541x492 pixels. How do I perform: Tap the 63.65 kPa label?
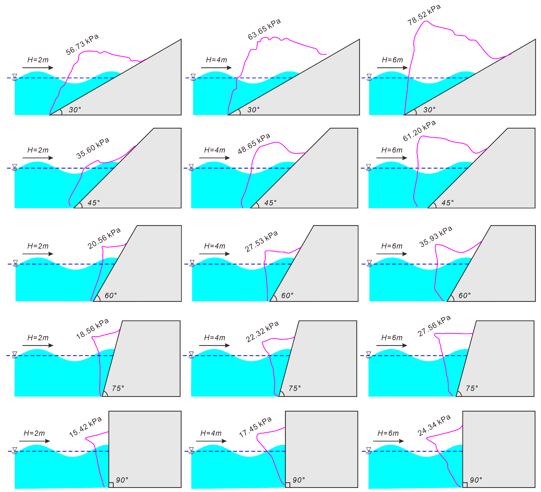click(264, 29)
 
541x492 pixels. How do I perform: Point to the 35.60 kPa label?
click(93, 148)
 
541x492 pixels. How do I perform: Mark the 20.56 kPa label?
click(104, 239)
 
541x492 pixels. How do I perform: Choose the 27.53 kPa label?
click(261, 241)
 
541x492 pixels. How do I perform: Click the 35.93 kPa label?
click(436, 236)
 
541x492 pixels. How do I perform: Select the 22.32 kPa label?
click(262, 332)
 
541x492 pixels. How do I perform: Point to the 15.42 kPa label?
click(85, 427)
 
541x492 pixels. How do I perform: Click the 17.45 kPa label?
click(255, 427)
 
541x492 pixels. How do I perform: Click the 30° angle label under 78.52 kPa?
click(429, 110)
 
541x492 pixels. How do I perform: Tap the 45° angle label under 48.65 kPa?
click(270, 203)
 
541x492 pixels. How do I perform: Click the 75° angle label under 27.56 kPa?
click(472, 388)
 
